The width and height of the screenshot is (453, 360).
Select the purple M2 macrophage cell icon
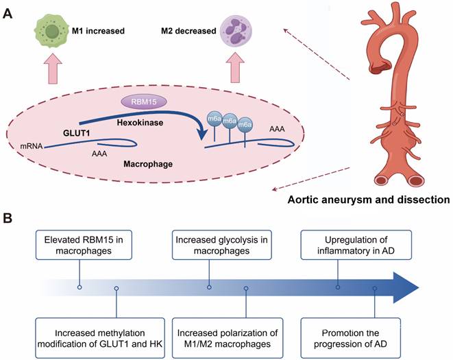pos(236,32)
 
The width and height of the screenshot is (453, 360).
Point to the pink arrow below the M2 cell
pos(236,71)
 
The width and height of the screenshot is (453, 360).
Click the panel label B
pos(8,219)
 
